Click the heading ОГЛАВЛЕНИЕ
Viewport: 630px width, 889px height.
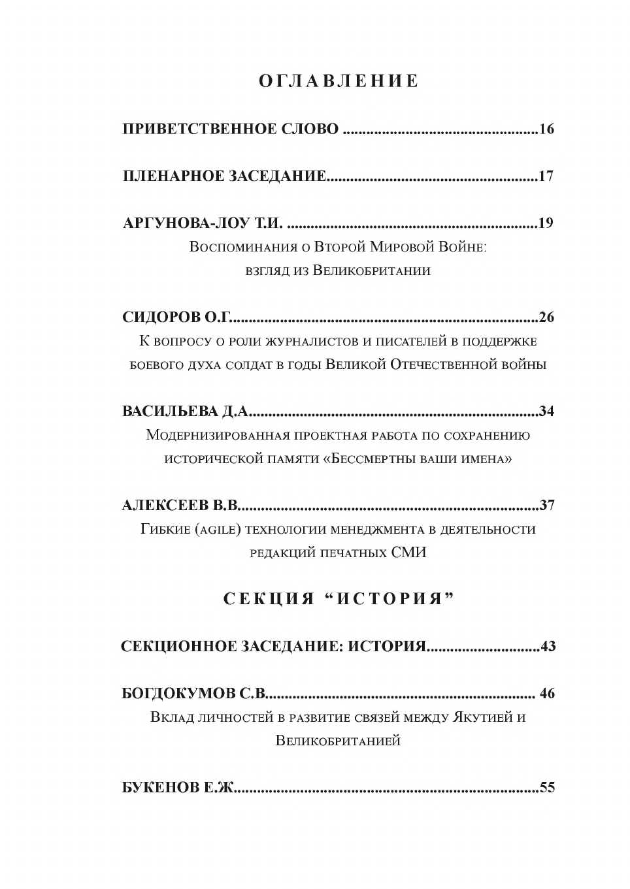[339, 81]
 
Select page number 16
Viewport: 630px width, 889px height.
[546, 129]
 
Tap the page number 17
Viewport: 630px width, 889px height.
[546, 176]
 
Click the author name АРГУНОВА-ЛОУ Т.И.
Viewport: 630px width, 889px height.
[203, 223]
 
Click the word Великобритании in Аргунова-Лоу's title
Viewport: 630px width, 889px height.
[371, 270]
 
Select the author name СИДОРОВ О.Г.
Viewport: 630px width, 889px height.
[177, 317]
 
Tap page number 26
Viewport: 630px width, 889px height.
[546, 317]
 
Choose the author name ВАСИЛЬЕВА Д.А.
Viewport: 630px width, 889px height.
[186, 412]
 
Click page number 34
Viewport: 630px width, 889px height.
[546, 412]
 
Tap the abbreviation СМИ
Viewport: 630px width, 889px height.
[409, 553]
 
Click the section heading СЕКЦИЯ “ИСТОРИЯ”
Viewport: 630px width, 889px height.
[339, 599]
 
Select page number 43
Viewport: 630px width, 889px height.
[548, 647]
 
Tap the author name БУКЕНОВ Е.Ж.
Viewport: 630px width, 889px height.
[178, 788]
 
